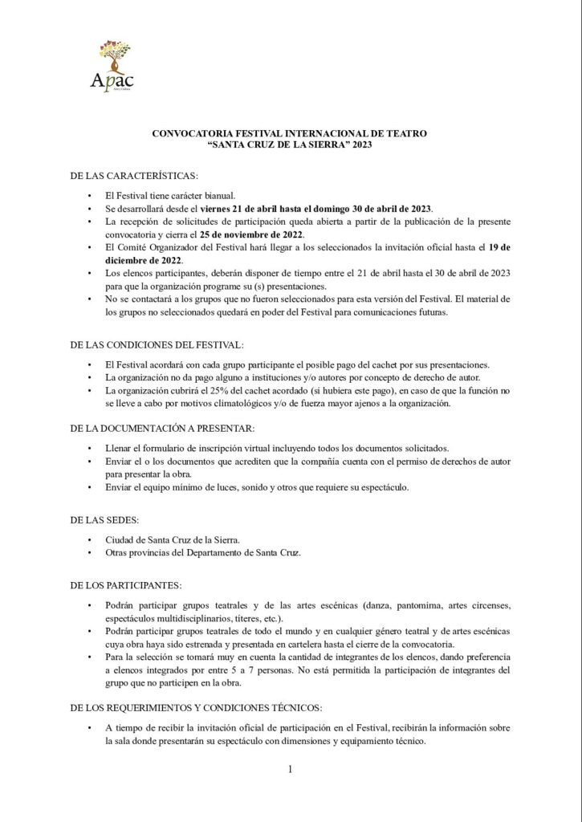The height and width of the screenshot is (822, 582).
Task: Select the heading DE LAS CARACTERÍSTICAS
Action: pos(134,175)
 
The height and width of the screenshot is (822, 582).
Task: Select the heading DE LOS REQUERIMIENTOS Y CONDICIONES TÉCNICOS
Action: pos(196,707)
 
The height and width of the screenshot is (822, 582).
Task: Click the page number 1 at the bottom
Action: pos(291,771)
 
